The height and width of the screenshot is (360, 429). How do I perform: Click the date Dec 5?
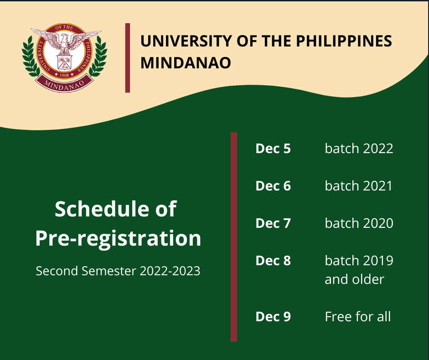273,149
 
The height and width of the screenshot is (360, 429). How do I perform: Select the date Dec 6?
273,186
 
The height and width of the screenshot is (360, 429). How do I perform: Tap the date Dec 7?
273,223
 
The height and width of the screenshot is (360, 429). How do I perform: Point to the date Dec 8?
273,261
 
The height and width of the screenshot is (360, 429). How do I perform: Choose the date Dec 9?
273,317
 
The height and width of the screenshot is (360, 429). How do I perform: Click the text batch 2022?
359,149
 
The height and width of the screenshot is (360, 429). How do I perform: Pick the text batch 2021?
358,186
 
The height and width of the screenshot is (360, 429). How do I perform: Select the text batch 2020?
359,223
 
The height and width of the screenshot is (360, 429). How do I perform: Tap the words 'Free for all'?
357,317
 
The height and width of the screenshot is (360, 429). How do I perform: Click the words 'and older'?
354,279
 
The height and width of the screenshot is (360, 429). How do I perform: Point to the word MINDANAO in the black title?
186,63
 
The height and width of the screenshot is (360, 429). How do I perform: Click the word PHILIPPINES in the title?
344,41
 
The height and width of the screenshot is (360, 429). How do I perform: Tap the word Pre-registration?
118,238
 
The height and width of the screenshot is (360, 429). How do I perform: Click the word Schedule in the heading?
103,209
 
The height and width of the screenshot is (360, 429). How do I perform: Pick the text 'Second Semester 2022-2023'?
118,271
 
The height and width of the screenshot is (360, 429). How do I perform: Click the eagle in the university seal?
65,41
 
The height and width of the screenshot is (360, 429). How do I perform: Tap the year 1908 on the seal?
64,75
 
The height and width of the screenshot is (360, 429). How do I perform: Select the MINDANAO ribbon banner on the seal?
64,84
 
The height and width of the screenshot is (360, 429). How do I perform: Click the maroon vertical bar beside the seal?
128,58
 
